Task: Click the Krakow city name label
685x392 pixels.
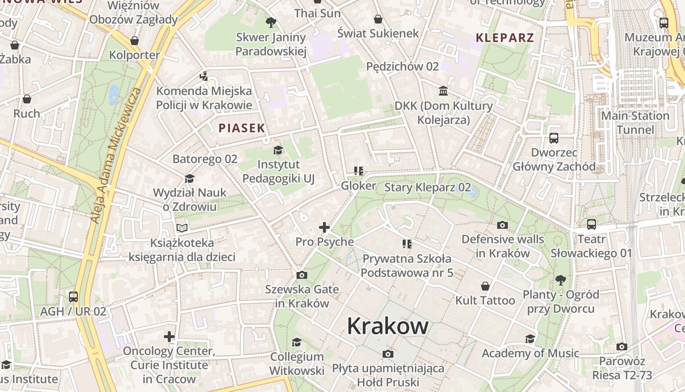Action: (388, 326)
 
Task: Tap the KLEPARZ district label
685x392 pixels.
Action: (504, 38)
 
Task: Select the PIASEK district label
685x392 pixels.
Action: (242, 128)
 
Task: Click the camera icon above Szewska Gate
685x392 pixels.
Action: (302, 275)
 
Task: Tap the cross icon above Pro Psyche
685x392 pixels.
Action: (324, 227)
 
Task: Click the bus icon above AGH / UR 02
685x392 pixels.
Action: (73, 297)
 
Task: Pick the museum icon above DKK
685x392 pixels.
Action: (443, 91)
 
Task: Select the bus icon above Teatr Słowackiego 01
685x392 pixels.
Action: (591, 225)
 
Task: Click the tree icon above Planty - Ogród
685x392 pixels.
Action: (560, 280)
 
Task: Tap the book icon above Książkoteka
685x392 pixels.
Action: (182, 228)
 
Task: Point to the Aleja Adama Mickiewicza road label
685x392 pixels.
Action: (115, 156)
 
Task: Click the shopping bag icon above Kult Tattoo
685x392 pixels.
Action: (485, 286)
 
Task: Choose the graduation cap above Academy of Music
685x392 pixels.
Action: (530, 339)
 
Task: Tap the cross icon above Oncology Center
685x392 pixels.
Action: (169, 337)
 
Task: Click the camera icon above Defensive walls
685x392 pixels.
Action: (502, 225)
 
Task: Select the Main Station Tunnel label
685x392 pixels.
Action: (635, 122)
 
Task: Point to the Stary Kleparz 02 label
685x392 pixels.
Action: (428, 187)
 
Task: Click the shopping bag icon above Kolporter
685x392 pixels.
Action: (134, 41)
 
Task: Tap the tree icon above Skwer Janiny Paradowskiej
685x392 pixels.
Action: (271, 23)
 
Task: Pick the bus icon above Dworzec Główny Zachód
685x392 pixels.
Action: (554, 138)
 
